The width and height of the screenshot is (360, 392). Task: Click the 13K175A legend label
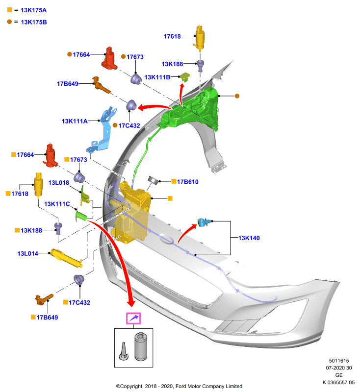coord(33,10)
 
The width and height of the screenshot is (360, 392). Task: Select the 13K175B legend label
coord(34,22)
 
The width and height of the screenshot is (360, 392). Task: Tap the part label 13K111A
coord(75,121)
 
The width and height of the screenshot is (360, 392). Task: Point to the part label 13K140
coord(249,238)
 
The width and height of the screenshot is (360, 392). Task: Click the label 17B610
coord(188,182)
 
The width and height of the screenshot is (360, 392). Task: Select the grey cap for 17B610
coord(153,180)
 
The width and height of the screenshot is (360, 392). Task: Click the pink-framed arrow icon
coord(133,318)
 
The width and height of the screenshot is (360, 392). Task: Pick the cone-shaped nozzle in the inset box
coord(124,352)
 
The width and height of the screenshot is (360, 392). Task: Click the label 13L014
coord(28,253)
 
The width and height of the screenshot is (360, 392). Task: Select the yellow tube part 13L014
coord(67,258)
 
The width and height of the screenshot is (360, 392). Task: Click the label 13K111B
coord(157,77)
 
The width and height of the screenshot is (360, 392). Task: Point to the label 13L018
coord(58,183)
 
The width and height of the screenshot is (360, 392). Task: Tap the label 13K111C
coord(57,204)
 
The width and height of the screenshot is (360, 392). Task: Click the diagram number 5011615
coord(339,361)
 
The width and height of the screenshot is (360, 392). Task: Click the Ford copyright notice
coord(179,386)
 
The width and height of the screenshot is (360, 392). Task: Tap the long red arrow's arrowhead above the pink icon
coord(130,303)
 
